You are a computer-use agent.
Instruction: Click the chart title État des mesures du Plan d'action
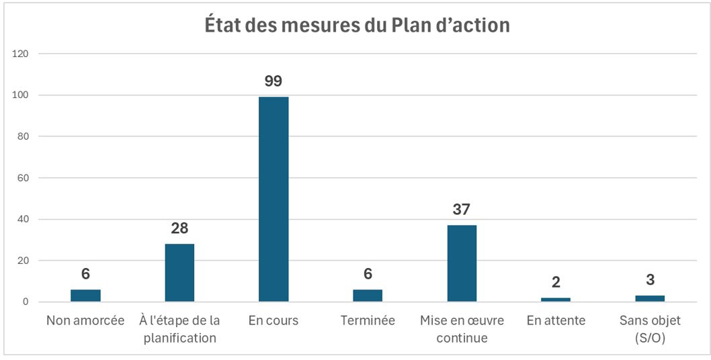(357, 26)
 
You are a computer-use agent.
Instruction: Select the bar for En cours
(274, 199)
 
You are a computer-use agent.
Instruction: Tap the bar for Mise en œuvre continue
(462, 263)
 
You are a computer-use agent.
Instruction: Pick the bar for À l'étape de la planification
(179, 273)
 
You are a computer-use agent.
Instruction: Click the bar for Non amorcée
(85, 296)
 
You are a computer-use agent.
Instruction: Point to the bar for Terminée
(368, 296)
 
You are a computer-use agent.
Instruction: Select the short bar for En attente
(556, 300)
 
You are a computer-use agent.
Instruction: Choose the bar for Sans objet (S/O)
(650, 299)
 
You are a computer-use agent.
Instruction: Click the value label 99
(274, 81)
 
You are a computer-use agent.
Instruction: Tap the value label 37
(462, 210)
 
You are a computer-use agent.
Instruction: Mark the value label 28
(179, 228)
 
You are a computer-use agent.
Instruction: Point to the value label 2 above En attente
(556, 282)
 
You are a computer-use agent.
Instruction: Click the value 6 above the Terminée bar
(368, 274)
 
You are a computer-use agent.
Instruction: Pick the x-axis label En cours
(274, 321)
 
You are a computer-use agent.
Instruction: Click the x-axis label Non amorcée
(85, 321)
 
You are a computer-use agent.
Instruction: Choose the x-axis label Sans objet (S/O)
(650, 329)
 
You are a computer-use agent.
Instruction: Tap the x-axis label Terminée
(368, 321)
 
